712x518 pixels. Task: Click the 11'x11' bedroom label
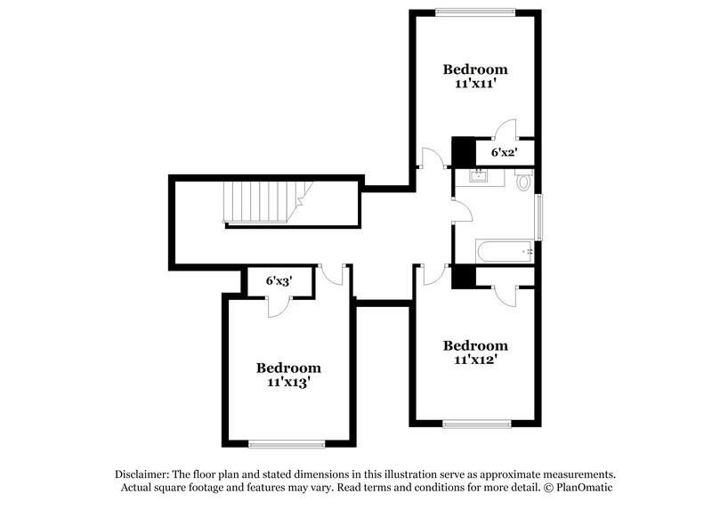[x=476, y=76]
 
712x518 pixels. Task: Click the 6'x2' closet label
[x=506, y=153]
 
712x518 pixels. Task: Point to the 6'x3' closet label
[x=279, y=280]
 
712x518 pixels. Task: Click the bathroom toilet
[x=523, y=182]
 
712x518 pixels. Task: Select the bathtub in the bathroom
[x=504, y=252]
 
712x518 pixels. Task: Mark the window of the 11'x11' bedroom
[x=475, y=12]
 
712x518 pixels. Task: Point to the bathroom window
[x=538, y=214]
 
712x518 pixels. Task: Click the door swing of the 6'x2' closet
[x=506, y=130]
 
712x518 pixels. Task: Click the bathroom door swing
[x=462, y=207]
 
